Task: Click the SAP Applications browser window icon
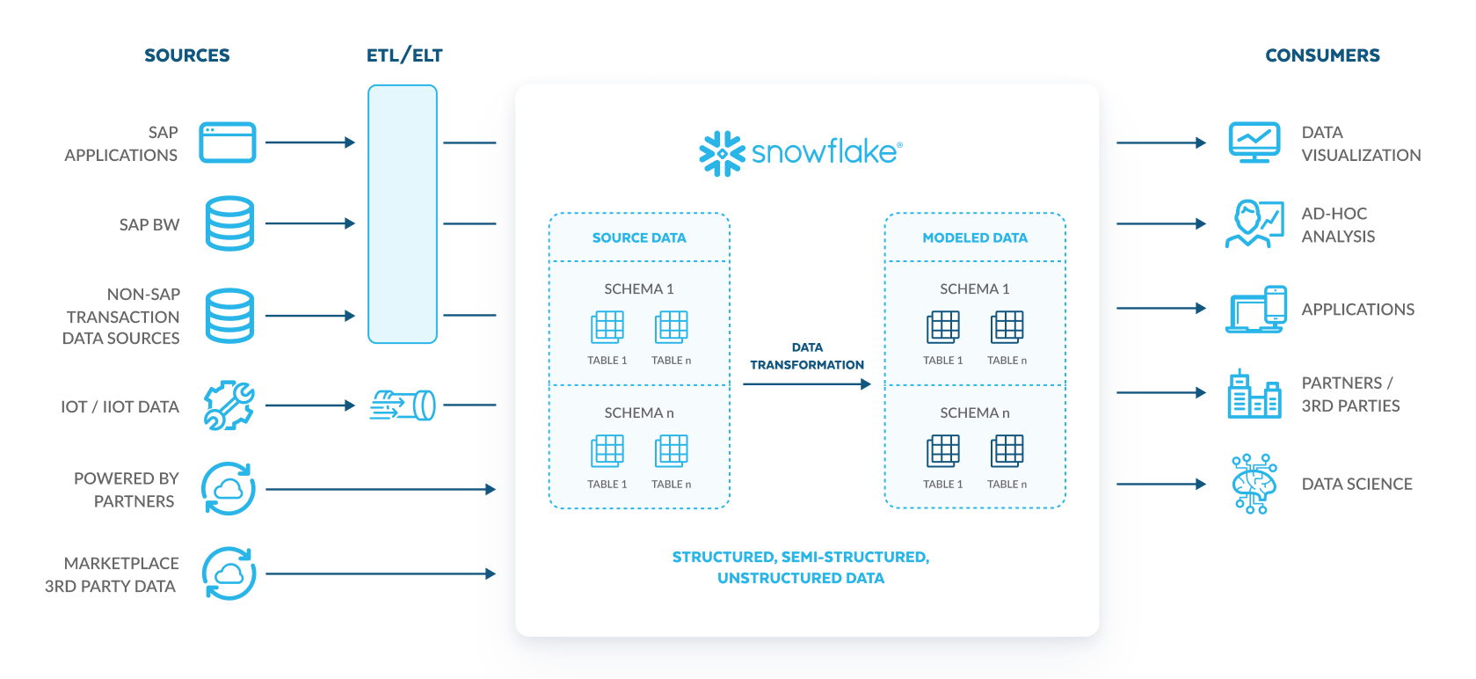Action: click(227, 142)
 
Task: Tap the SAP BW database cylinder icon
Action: click(229, 223)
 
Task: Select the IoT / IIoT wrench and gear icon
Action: click(229, 405)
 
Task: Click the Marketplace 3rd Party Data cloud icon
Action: click(229, 573)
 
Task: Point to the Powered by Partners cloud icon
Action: click(229, 488)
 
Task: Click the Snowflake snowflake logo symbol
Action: click(722, 153)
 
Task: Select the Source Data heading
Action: click(639, 237)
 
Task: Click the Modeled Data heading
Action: click(974, 237)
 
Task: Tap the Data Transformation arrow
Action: click(806, 384)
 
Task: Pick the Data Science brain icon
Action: click(1254, 484)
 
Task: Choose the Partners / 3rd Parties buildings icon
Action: click(1254, 394)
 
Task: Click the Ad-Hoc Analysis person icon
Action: click(1254, 223)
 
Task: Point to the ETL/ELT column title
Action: click(404, 55)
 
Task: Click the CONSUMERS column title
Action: click(1322, 55)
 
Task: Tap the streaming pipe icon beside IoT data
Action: click(404, 405)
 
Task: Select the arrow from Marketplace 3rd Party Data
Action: click(380, 574)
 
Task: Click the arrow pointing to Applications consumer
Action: click(1160, 309)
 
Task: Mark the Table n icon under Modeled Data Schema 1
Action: click(1007, 327)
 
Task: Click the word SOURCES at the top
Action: click(187, 55)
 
